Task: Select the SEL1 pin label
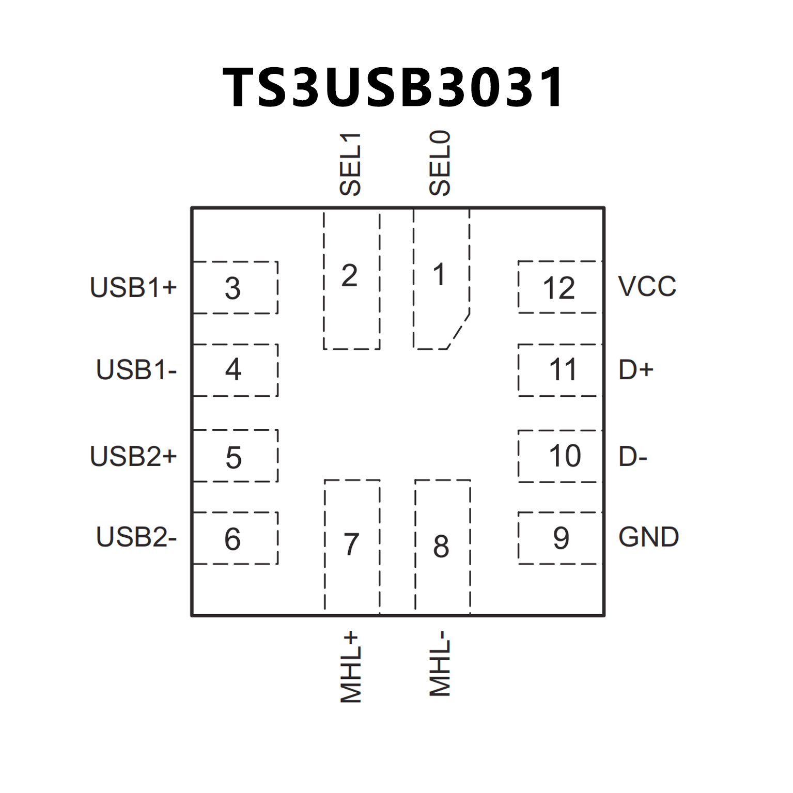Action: click(350, 164)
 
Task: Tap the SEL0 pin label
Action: click(440, 163)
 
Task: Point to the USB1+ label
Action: click(133, 287)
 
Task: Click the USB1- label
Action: click(136, 370)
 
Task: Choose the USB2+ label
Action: click(133, 456)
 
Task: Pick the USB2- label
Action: click(136, 537)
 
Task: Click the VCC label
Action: click(647, 287)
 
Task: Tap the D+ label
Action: click(636, 370)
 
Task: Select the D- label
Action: click(633, 456)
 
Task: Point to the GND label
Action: click(648, 537)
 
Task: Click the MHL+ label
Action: click(350, 666)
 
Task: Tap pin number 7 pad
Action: click(352, 545)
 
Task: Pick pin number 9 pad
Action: click(560, 538)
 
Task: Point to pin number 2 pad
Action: click(351, 279)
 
